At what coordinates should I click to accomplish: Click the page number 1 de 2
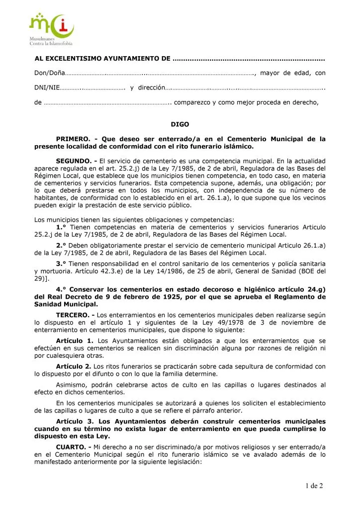[x=314, y=486]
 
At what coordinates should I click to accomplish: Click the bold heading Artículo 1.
[x=75, y=340]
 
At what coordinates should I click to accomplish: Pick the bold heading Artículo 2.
[x=75, y=366]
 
